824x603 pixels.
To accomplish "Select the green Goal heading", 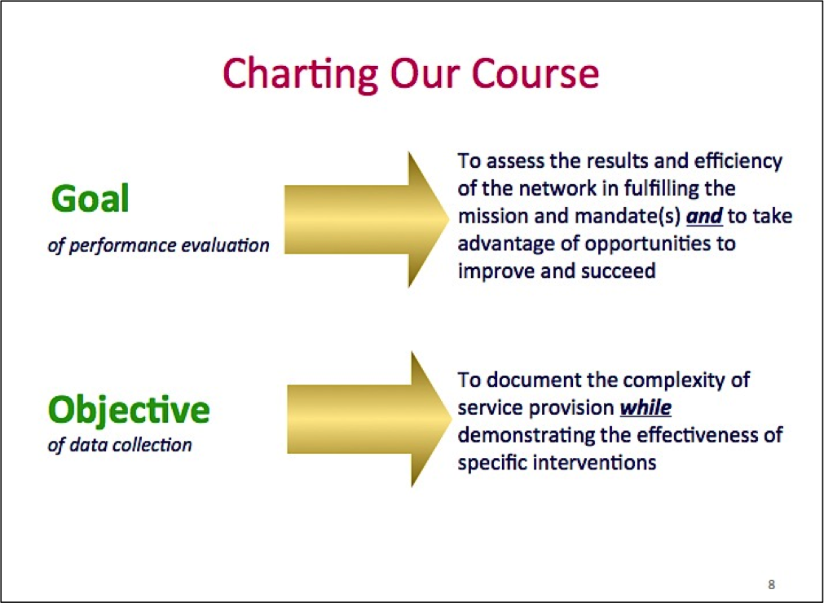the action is pyautogui.click(x=90, y=199).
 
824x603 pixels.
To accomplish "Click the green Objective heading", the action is pyautogui.click(x=129, y=411).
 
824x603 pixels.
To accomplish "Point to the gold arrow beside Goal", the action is pyautogui.click(x=366, y=219).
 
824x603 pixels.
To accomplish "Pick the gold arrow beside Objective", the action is pyautogui.click(x=369, y=419).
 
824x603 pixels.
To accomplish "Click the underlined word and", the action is pyautogui.click(x=705, y=217).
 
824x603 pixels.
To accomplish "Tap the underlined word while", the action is pyautogui.click(x=646, y=407).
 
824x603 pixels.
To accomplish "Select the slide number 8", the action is pyautogui.click(x=771, y=584).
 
